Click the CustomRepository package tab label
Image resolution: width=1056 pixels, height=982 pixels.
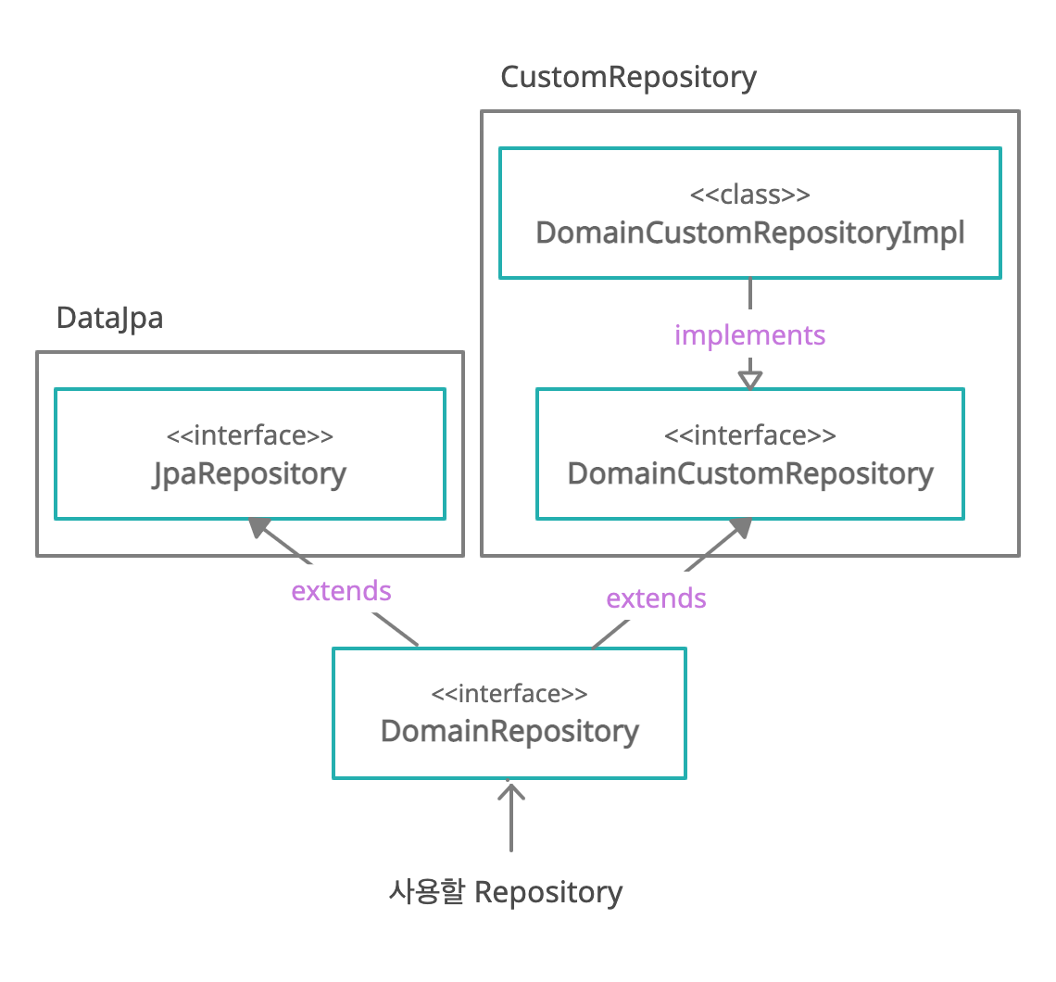[x=628, y=77]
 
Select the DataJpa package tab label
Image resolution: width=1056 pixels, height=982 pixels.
[x=109, y=318]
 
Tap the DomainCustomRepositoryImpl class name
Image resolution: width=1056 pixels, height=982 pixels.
[x=750, y=233]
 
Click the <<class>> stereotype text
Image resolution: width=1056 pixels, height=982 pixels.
[x=750, y=195]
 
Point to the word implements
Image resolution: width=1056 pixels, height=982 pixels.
[x=749, y=334]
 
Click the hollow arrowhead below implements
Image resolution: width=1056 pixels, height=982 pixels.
[x=749, y=379]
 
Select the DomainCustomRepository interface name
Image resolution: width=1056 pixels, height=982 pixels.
[x=750, y=473]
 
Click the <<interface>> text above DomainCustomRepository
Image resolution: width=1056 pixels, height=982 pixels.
[x=750, y=435]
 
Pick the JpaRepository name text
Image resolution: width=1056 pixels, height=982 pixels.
[x=249, y=473]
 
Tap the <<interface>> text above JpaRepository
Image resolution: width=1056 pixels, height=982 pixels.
[x=249, y=435]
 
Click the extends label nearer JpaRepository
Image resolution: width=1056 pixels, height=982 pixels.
[x=341, y=591]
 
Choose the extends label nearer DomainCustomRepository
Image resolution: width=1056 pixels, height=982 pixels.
[x=656, y=598]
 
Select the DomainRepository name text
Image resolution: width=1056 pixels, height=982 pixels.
[x=509, y=731]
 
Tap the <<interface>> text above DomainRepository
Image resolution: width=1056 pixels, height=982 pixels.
[x=509, y=694]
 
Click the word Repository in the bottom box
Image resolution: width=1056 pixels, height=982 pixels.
[x=548, y=892]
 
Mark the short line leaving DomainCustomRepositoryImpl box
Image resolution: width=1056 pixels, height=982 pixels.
[x=749, y=294]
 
